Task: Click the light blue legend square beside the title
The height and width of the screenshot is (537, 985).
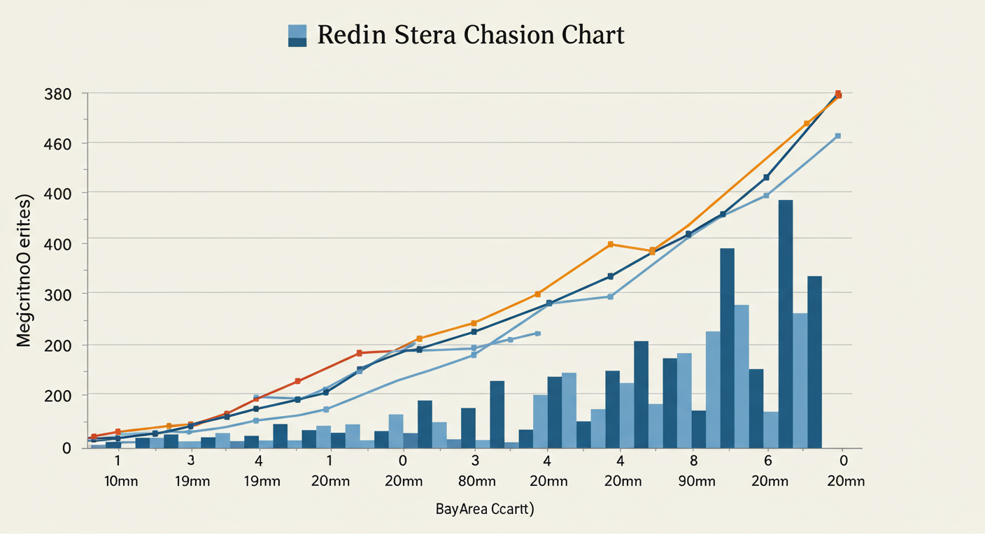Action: pyautogui.click(x=297, y=30)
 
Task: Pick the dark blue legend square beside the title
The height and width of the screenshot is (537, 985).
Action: pyautogui.click(x=297, y=42)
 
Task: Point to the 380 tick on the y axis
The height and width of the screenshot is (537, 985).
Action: pyautogui.click(x=57, y=94)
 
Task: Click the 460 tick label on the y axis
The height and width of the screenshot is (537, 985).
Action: pyautogui.click(x=57, y=143)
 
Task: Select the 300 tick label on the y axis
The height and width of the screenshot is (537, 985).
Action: pyautogui.click(x=57, y=294)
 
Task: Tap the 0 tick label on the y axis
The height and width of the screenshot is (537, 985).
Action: pyautogui.click(x=66, y=448)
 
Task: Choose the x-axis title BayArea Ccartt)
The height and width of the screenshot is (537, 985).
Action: pyautogui.click(x=485, y=509)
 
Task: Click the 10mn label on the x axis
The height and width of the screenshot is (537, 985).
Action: pyautogui.click(x=118, y=481)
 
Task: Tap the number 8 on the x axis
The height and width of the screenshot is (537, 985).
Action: pyautogui.click(x=693, y=461)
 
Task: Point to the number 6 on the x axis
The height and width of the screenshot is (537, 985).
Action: pyautogui.click(x=767, y=461)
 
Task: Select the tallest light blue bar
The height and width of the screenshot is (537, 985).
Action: pyautogui.click(x=742, y=376)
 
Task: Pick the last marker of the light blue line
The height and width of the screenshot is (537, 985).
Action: pyautogui.click(x=837, y=136)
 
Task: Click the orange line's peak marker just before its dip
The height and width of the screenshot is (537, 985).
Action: pyautogui.click(x=611, y=244)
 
